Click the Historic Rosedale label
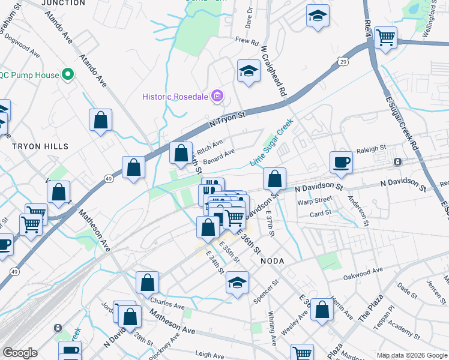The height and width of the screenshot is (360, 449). click(175, 97)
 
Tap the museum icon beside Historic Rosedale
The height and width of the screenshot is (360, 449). click(217, 96)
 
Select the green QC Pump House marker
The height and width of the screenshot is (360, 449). click(68, 75)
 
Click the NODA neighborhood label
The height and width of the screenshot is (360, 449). click(272, 261)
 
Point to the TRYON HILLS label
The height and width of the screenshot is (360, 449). click(41, 146)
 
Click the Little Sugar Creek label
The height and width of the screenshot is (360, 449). click(273, 142)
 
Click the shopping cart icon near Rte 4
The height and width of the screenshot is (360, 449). click(385, 37)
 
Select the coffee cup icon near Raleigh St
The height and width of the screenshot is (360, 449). click(341, 162)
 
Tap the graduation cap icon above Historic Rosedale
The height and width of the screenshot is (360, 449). click(248, 71)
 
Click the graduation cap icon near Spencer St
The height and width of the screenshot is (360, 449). click(238, 283)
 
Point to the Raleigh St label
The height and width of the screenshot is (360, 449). click(370, 149)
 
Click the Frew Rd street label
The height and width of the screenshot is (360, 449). click(246, 41)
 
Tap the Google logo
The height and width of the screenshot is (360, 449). click(20, 353)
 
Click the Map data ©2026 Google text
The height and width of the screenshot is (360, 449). click(411, 355)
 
